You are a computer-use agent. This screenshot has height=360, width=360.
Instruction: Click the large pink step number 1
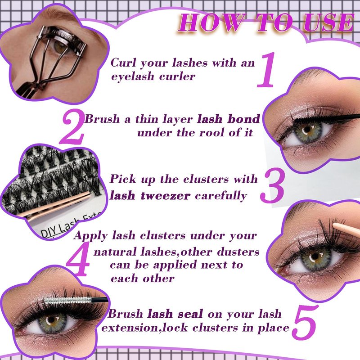click(266, 70)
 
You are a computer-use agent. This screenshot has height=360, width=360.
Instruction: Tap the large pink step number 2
click(72, 127)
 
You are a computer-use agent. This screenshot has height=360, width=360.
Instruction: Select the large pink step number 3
click(273, 185)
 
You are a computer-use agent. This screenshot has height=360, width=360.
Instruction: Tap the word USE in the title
click(329, 22)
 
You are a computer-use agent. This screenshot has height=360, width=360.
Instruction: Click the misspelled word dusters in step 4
click(238, 252)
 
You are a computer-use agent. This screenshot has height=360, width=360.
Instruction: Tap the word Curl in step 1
click(123, 63)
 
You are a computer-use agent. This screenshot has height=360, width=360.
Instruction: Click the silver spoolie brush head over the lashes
click(68, 301)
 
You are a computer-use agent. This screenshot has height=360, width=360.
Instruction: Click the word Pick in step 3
click(123, 179)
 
